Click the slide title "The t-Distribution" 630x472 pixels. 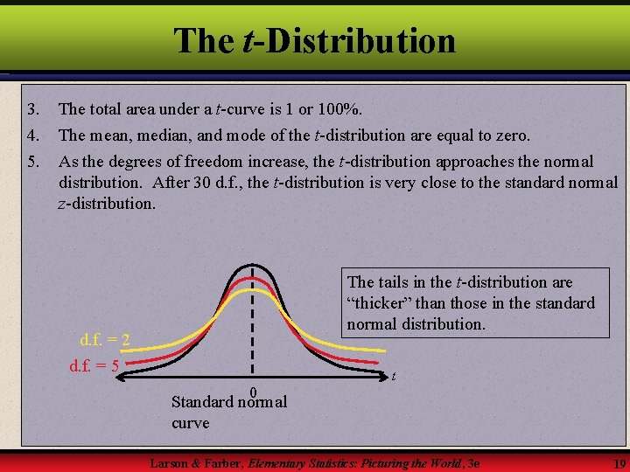[x=314, y=40]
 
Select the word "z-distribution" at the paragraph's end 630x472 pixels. [x=106, y=204]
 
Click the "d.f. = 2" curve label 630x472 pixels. [x=105, y=338]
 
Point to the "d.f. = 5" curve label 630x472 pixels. [x=94, y=364]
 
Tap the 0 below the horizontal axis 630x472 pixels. [x=252, y=392]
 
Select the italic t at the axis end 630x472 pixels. [x=394, y=377]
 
